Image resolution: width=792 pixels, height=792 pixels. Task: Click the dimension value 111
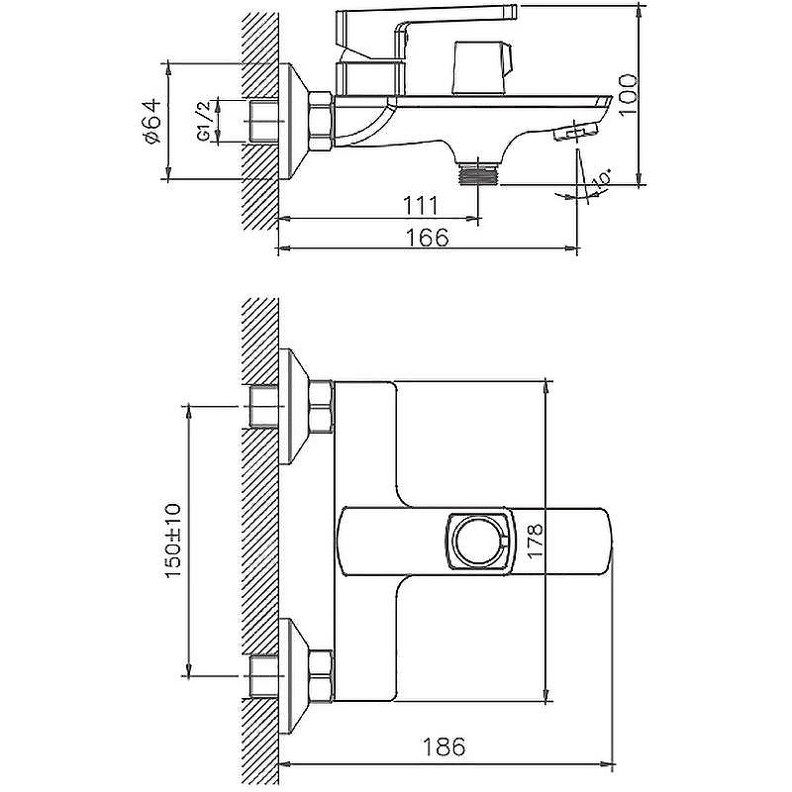(x=420, y=206)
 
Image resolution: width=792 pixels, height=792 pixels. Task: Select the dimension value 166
(x=428, y=237)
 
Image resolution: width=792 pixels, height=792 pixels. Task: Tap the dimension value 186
(x=444, y=746)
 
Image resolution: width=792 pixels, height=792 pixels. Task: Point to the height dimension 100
(x=628, y=95)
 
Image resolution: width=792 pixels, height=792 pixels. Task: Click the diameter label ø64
(x=152, y=121)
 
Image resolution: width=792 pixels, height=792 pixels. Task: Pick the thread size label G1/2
(x=204, y=121)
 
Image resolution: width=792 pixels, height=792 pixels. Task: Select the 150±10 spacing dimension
(x=172, y=541)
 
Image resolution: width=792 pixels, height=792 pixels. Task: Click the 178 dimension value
(x=536, y=541)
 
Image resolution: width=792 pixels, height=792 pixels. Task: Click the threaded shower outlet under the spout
(x=478, y=173)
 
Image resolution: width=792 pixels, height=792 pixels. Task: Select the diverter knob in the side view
(x=483, y=68)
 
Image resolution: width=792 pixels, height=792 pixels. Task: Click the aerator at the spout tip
(x=576, y=133)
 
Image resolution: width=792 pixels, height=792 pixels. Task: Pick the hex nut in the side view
(x=320, y=121)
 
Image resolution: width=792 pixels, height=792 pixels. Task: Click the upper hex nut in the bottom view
(x=321, y=407)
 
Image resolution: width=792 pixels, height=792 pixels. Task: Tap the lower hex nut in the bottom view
(x=321, y=675)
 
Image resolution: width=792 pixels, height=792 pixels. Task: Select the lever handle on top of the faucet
(x=427, y=33)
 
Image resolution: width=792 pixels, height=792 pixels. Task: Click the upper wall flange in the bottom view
(x=294, y=407)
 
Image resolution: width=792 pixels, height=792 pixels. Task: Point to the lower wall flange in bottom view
(x=294, y=675)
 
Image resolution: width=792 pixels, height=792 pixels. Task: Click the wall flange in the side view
(x=294, y=121)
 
